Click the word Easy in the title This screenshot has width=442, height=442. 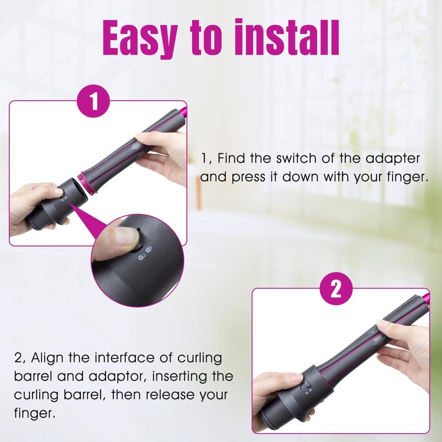pos(140,38)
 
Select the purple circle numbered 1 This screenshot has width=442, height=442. pos(93,101)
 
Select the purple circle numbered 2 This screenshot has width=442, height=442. pos(336,288)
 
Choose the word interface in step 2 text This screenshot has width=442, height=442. pos(125,357)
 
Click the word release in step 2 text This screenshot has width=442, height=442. pos(170,394)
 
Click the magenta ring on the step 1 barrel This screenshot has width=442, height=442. pos(87,182)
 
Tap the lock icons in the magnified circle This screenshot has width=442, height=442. pos(145,253)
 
